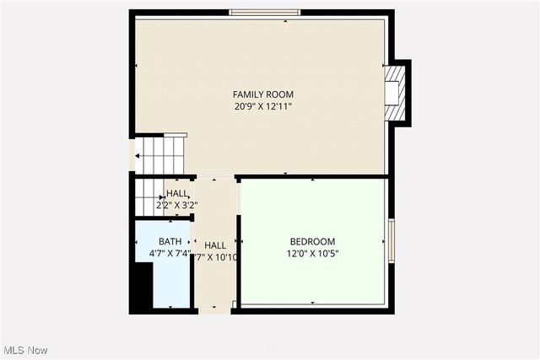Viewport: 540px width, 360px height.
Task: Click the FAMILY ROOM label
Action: (x=263, y=94)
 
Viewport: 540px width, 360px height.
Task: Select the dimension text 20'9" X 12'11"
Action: (x=263, y=106)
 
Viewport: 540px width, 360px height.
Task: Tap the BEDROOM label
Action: (x=312, y=240)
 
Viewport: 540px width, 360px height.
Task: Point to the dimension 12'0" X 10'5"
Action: (x=312, y=253)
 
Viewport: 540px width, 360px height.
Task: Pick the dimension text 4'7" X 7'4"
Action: (x=170, y=253)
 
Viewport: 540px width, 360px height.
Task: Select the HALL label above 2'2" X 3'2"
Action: (x=177, y=193)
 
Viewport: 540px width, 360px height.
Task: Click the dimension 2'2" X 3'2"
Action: (x=177, y=205)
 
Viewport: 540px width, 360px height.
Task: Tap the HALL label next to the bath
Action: (x=214, y=245)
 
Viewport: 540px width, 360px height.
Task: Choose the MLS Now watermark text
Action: (x=25, y=350)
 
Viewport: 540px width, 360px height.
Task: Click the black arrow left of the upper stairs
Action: (x=137, y=155)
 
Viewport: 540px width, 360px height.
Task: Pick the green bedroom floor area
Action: (x=312, y=278)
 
